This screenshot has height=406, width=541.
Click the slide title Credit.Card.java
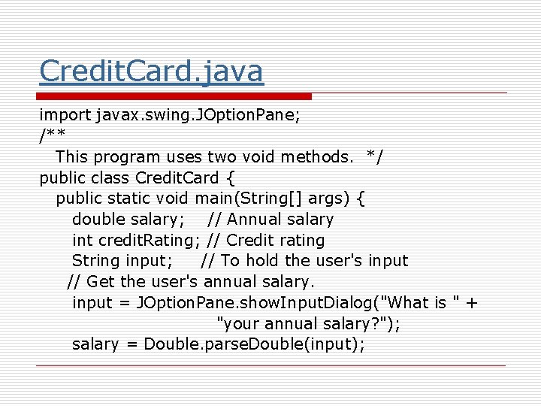click(x=151, y=71)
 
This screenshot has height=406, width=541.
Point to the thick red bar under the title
click(x=175, y=96)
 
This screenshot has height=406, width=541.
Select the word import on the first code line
click(x=65, y=115)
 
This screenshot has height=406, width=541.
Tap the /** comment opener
click(x=52, y=136)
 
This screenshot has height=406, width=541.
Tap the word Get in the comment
click(x=101, y=282)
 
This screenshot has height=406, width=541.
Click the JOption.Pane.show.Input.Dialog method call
click(x=255, y=303)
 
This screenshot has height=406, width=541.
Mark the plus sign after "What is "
click(x=471, y=303)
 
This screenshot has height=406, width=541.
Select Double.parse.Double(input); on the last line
click(x=254, y=344)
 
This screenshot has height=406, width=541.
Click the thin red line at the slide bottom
click(x=270, y=365)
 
